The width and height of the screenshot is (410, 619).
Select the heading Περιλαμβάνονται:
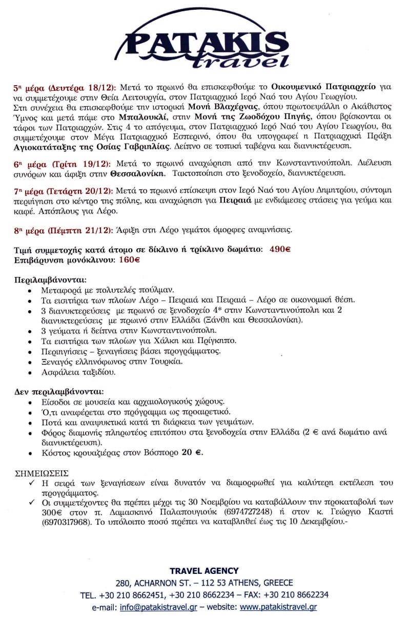50,280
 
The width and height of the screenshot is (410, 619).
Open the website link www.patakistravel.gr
278,607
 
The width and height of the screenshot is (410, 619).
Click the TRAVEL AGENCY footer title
204,571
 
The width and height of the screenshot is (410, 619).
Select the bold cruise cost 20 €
192,453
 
